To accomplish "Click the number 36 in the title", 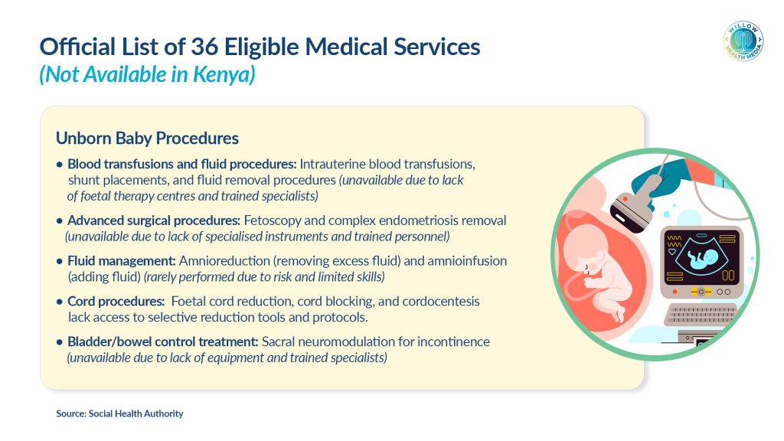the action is pos(204,47).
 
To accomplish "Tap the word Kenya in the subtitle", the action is pos(224,74).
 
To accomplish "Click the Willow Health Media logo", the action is pos(743,41).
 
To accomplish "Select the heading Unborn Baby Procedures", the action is pos(147,138).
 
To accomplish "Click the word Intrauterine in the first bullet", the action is pos(332,164).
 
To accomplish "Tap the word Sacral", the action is pos(277,341).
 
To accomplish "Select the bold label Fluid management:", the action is pos(122,260).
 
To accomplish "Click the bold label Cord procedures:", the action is pos(116,301).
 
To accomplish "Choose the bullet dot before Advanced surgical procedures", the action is pos(60,220).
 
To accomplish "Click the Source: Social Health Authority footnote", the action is pos(119,413).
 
